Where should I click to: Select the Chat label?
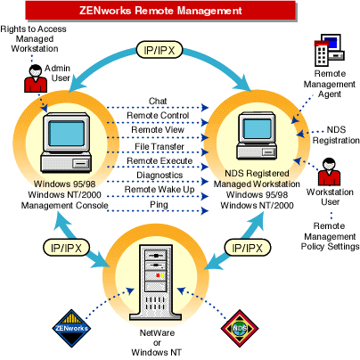[159, 101]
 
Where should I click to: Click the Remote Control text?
[158, 115]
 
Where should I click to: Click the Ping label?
[159, 204]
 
